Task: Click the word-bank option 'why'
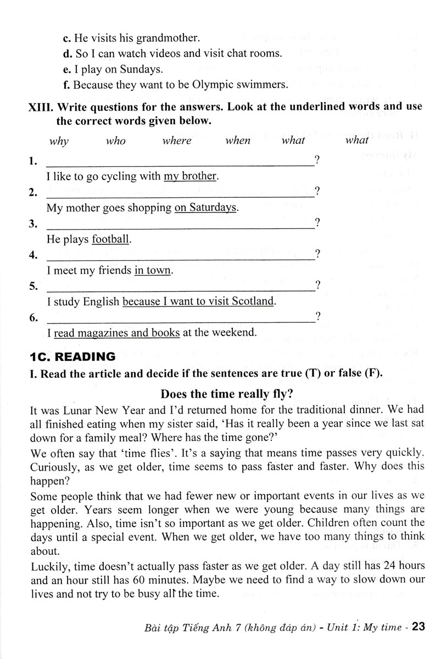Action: point(59,141)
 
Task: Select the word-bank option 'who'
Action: point(116,141)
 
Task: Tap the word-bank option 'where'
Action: point(177,141)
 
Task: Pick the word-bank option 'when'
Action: point(238,141)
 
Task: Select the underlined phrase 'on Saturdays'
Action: point(205,208)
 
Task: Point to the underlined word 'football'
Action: point(111,239)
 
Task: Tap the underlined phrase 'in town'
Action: point(153,270)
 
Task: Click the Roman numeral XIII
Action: point(40,107)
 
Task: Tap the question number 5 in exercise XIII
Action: point(33,286)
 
